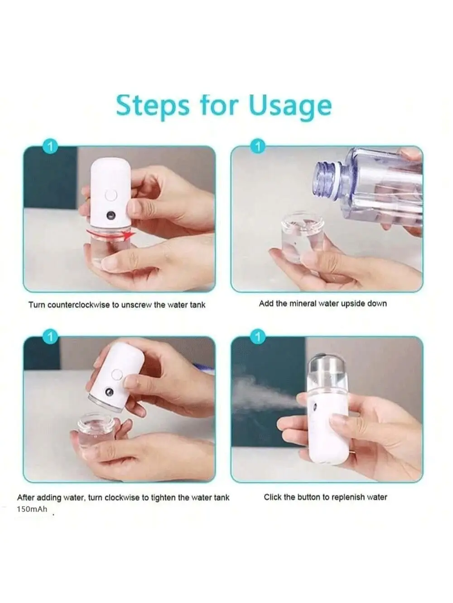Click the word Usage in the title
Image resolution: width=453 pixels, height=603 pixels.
[x=290, y=106]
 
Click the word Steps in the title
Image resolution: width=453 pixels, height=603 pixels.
[x=153, y=105]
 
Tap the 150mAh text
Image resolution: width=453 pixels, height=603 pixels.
[x=32, y=509]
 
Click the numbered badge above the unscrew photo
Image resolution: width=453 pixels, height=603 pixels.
[x=50, y=147]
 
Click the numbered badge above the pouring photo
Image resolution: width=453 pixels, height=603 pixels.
[x=258, y=147]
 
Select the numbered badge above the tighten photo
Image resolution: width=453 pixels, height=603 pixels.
[x=50, y=337]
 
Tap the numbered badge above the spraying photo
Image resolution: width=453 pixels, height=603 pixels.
[x=258, y=337]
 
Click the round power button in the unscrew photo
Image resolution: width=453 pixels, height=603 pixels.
[x=110, y=195]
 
